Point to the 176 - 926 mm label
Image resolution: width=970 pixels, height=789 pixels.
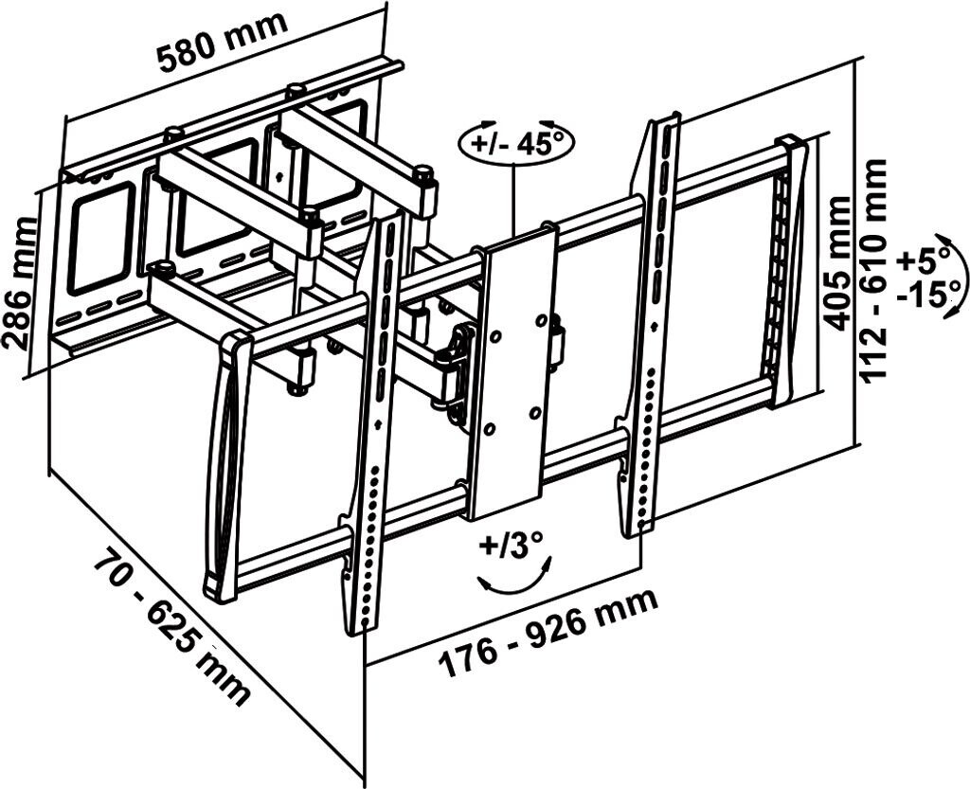click(547, 632)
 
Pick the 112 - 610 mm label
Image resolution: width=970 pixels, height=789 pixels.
click(874, 270)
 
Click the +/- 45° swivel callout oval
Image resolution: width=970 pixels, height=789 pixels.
click(517, 144)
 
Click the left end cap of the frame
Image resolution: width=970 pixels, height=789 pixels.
click(224, 469)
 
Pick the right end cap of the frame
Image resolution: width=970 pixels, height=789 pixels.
click(789, 271)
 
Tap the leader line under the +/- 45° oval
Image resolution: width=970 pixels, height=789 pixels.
click(513, 200)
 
